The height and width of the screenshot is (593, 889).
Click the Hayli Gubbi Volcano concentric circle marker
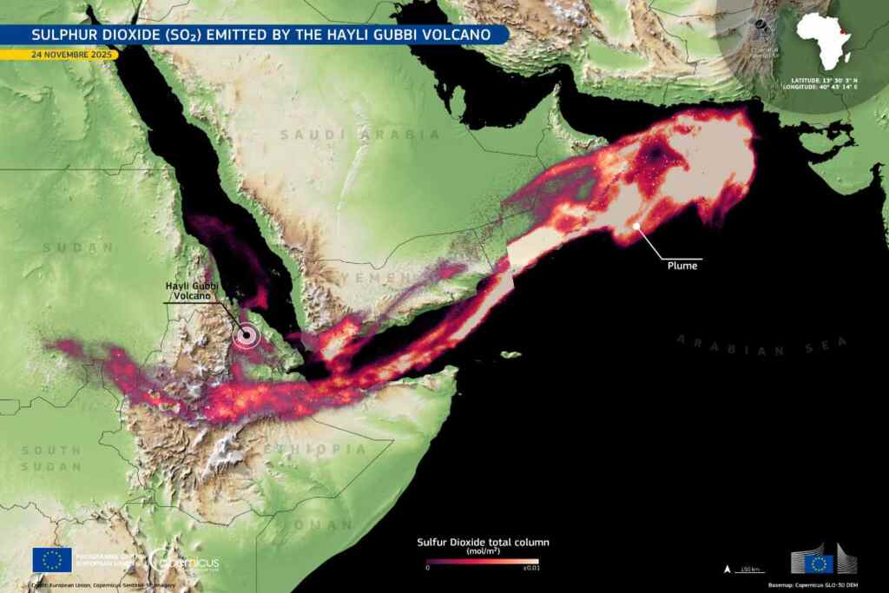pyautogui.click(x=247, y=335)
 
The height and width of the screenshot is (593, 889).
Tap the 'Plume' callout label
pyautogui.click(x=682, y=266)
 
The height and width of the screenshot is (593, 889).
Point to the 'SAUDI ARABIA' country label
pyautogui.click(x=359, y=135)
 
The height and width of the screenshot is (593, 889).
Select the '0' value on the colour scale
pyautogui.click(x=427, y=570)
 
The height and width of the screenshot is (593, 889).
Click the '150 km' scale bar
pyautogui.click(x=750, y=570)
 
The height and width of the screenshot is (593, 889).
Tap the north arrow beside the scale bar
pyautogui.click(x=727, y=570)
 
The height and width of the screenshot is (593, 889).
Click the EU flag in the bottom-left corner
pyautogui.click(x=51, y=560)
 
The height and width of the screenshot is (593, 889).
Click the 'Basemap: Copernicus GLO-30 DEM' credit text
pyautogui.click(x=825, y=586)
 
